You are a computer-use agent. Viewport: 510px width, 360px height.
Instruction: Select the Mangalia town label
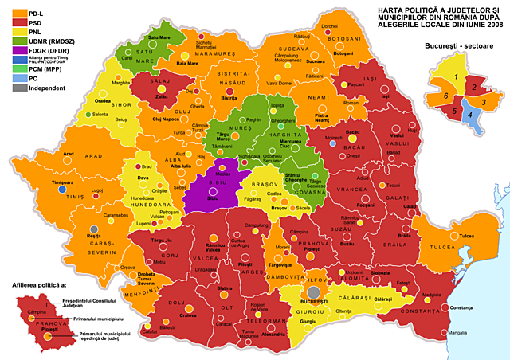pos(457,332)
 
